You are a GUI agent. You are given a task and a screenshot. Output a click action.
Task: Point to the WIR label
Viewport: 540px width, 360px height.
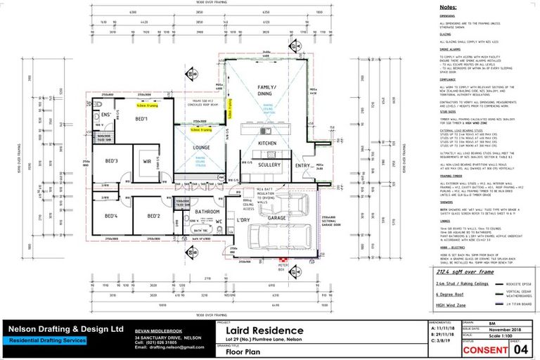point(148,162)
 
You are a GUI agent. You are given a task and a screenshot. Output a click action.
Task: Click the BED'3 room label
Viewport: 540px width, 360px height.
point(112,161)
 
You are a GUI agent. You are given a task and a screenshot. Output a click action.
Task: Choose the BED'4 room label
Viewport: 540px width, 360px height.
point(111,216)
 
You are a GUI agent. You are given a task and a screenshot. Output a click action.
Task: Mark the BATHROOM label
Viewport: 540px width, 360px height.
point(207,211)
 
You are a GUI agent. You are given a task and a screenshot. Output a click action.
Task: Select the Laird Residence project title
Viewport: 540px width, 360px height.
point(264,330)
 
